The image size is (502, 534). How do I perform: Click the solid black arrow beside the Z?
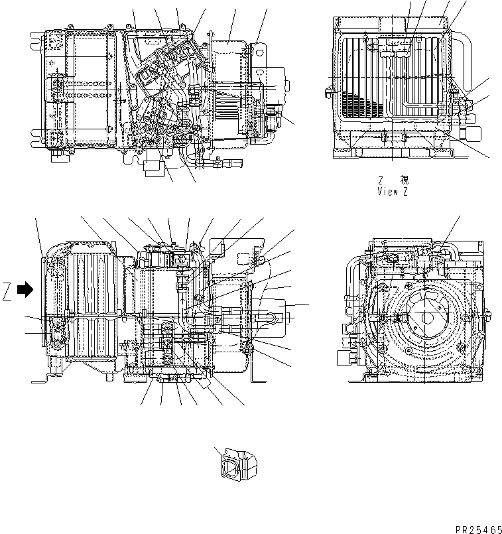25,289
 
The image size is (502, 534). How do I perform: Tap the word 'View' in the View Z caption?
387,192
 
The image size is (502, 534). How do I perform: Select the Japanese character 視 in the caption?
405,180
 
